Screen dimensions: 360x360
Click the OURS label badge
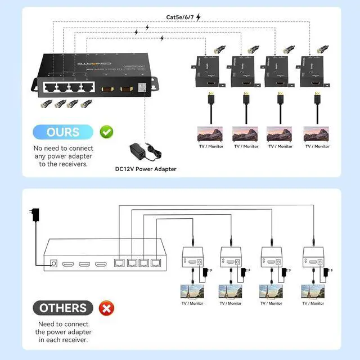[x=63, y=132]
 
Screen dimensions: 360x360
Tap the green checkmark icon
[x=106, y=132]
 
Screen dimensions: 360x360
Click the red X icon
[x=106, y=308]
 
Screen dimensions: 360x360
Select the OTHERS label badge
[x=63, y=308]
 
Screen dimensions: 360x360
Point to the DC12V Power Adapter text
[x=146, y=169]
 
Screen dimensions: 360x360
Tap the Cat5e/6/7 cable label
[x=180, y=17]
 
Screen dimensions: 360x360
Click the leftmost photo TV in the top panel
[x=210, y=134]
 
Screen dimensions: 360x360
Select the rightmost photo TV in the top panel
[x=317, y=134]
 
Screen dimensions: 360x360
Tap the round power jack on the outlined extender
[x=55, y=263]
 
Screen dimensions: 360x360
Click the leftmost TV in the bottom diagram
[x=192, y=292]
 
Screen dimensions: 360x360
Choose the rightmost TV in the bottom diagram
[x=313, y=292]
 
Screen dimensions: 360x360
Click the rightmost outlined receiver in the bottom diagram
[x=313, y=259]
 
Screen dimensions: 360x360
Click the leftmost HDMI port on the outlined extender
[x=69, y=263]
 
